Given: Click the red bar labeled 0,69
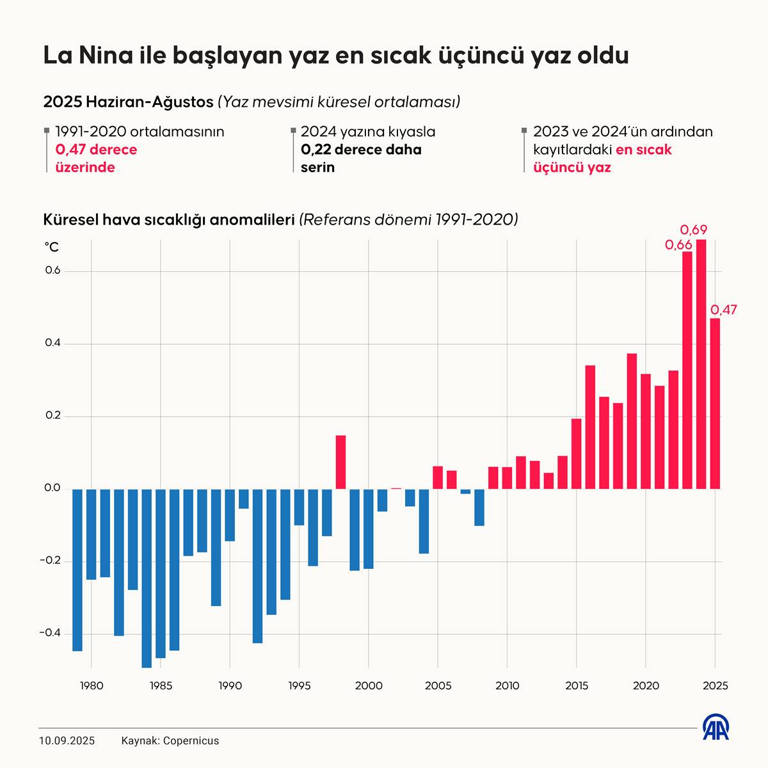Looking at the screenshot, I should click(701, 365).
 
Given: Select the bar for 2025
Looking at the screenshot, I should click(715, 403).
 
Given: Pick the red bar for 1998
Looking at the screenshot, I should click(340, 462).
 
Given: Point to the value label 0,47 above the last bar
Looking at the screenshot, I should click(724, 310).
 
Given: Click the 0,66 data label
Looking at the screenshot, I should click(678, 244).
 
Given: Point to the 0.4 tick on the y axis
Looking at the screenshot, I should click(52, 343).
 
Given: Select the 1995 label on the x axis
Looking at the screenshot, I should click(300, 686).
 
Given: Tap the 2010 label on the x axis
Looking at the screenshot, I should click(507, 686).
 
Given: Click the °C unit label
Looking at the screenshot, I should click(51, 247).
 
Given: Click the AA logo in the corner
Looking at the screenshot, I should click(716, 727).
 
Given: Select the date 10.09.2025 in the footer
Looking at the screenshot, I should click(67, 740).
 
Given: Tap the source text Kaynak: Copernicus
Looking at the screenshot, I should click(170, 740).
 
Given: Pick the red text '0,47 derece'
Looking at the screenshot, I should click(96, 150).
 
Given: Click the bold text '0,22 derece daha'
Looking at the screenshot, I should click(361, 150).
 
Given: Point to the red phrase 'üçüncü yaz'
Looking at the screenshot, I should click(572, 168).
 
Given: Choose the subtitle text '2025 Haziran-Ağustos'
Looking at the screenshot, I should click(128, 102).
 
